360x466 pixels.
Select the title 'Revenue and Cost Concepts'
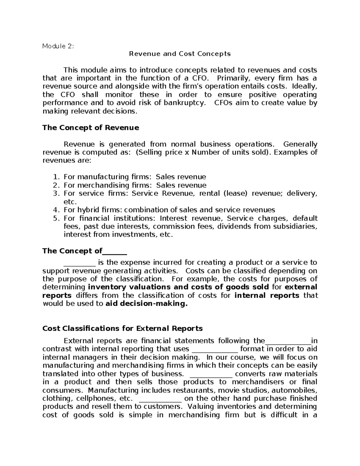180,54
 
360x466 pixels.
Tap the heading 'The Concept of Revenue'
91,128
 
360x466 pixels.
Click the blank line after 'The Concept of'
115,251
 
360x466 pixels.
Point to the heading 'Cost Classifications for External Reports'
122,329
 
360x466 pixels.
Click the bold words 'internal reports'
266,296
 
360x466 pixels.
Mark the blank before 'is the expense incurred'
79,263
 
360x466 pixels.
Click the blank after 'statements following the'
288,341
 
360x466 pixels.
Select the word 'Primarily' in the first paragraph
233,79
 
